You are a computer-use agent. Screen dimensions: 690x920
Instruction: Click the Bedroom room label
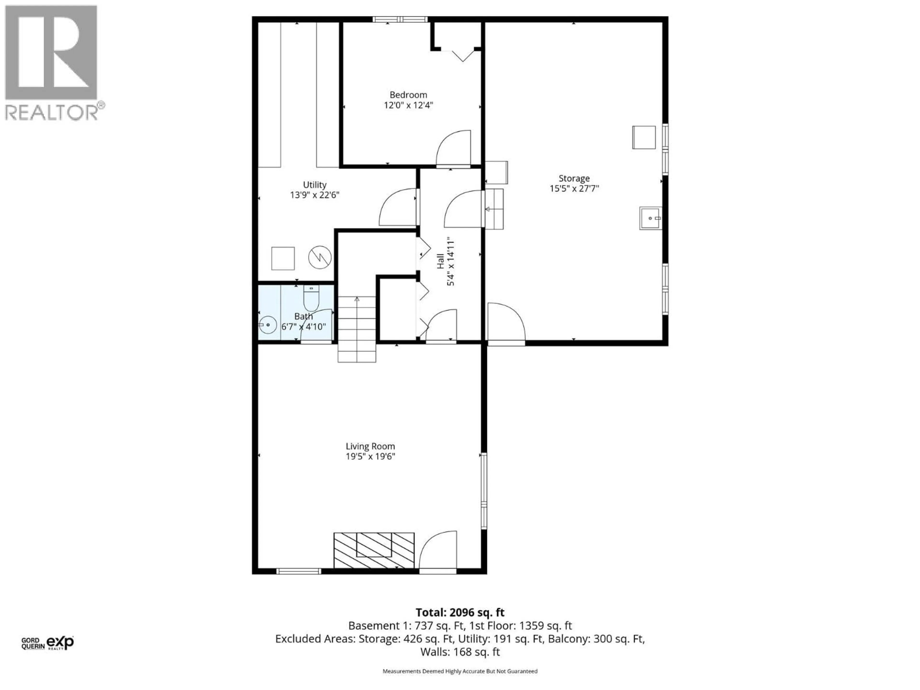click(408, 95)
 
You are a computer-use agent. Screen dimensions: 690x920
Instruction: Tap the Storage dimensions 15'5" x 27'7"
click(574, 188)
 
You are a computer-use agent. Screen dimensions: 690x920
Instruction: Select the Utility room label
click(314, 185)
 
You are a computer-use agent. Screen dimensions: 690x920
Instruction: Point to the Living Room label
click(370, 446)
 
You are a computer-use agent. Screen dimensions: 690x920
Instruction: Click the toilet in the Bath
click(311, 299)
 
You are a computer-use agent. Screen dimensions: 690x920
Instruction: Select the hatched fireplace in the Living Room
click(374, 550)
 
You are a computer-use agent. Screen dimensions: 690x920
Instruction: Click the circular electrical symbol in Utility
click(319, 258)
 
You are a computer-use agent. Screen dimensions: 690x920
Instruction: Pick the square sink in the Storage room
click(650, 218)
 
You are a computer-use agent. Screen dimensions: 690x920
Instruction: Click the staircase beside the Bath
click(357, 328)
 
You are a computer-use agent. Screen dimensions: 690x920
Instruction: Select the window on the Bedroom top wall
click(400, 19)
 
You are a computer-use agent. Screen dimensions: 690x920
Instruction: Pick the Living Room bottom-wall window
click(299, 571)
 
